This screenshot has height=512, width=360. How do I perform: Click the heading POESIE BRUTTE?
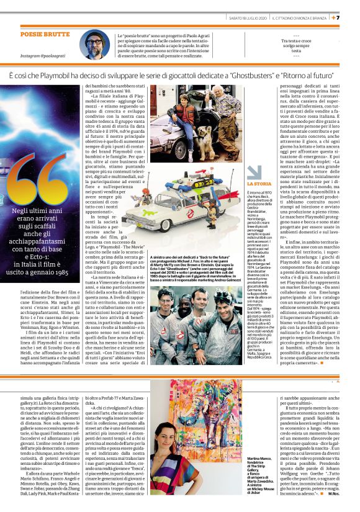point(45,35)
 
